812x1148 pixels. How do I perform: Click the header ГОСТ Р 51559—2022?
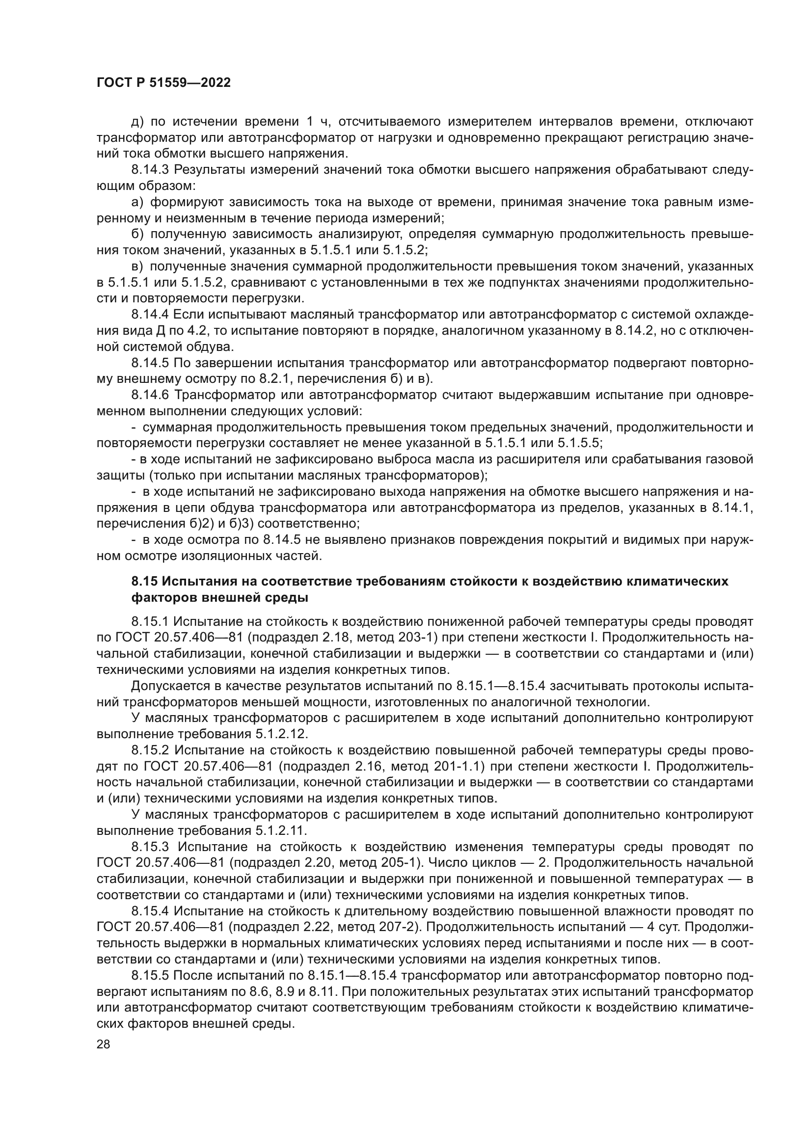coord(163,83)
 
